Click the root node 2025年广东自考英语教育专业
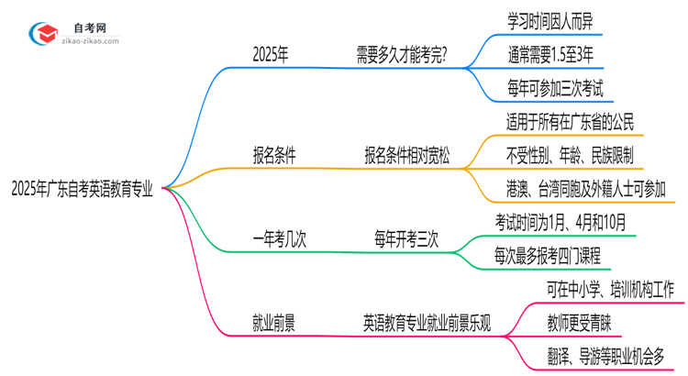pos(82,190)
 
